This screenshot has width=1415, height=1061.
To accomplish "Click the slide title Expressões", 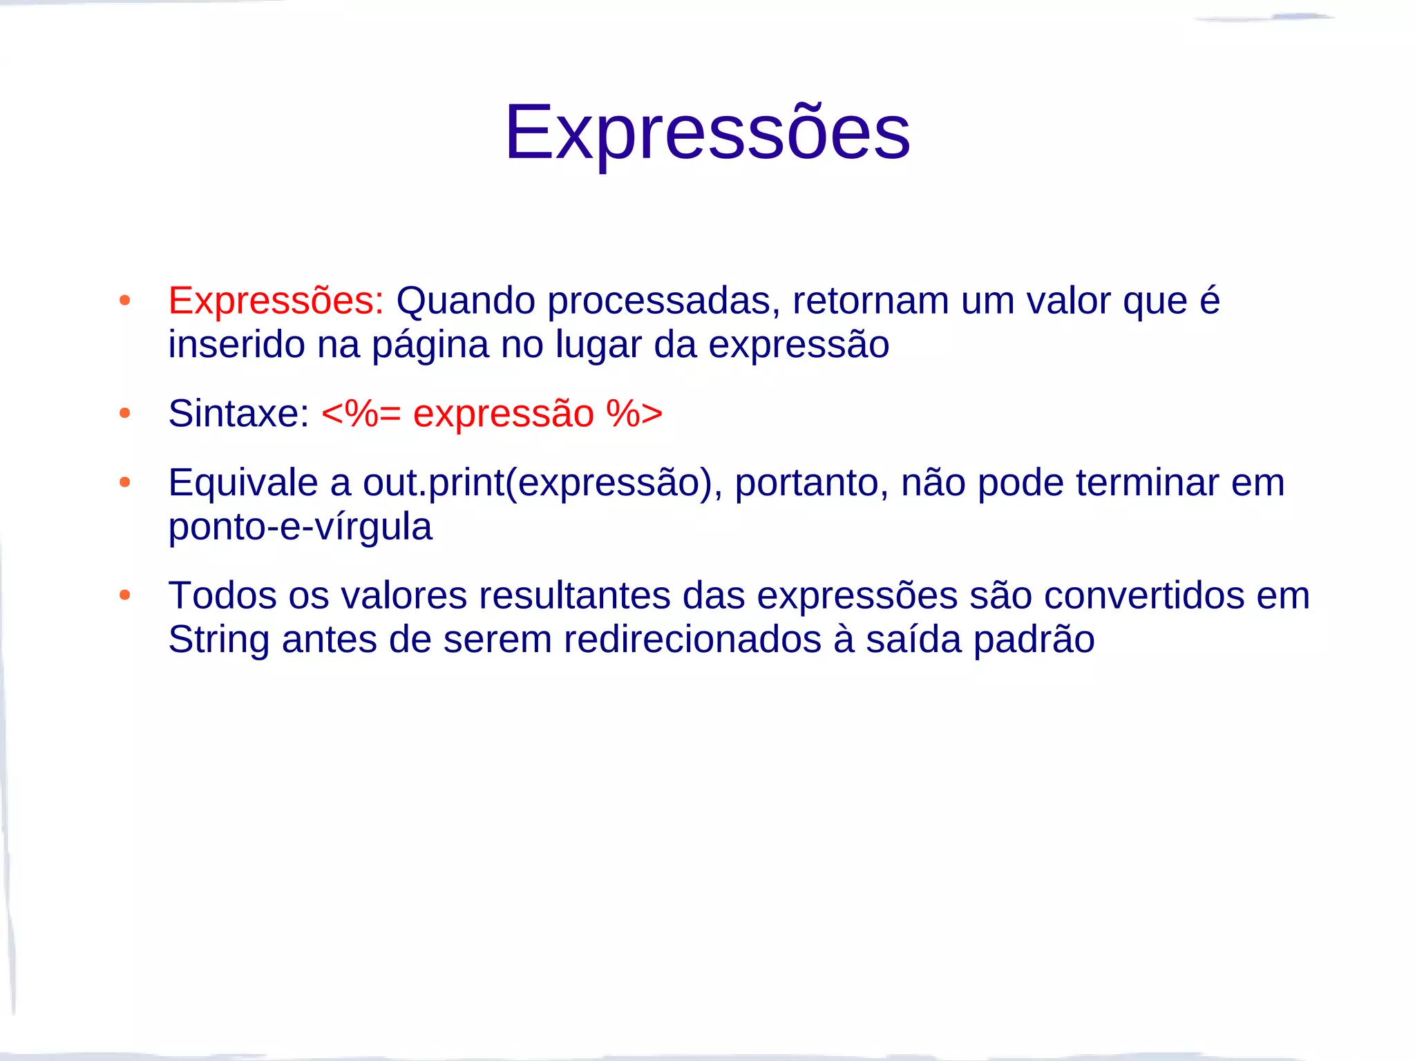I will click(707, 132).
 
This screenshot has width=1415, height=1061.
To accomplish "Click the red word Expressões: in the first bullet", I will click(276, 301).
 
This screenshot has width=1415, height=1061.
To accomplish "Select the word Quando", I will click(466, 301).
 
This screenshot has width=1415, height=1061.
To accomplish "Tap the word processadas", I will click(663, 301).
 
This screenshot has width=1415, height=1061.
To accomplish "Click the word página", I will click(430, 345).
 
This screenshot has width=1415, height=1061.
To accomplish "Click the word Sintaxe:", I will click(238, 414).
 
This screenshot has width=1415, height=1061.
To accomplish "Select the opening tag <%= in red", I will click(361, 414).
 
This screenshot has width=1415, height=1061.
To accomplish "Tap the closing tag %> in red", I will click(634, 414).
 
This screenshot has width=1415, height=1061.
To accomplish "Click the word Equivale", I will click(243, 483).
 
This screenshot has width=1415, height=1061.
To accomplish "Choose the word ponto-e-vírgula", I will click(300, 527).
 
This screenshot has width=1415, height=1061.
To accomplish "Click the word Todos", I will click(222, 595).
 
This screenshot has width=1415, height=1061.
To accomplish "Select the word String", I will click(218, 640).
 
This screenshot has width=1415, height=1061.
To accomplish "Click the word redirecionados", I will click(692, 640).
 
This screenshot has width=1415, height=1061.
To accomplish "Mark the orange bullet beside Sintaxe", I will click(124, 414).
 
